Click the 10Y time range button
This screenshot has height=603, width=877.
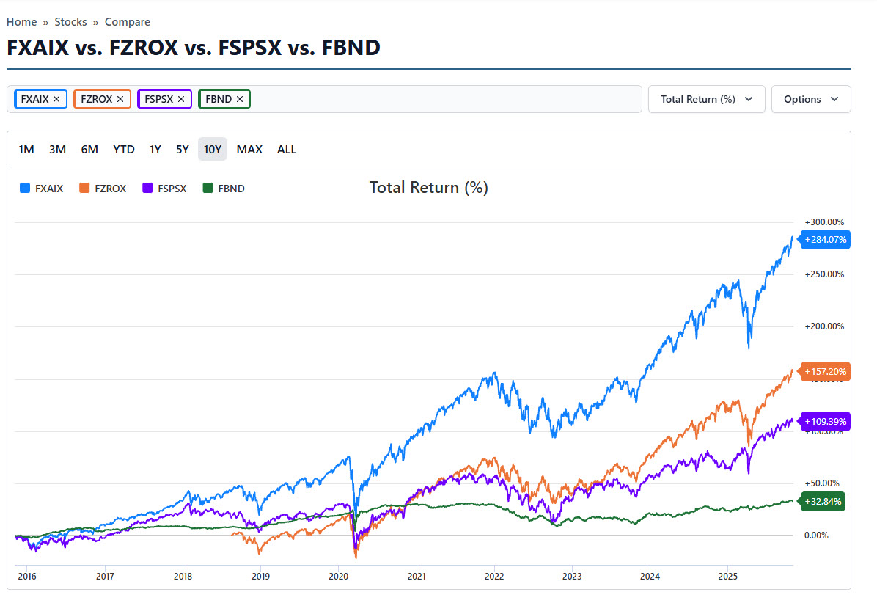coord(213,150)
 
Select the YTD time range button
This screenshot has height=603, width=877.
coord(124,150)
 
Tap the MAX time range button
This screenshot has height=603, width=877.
coord(249,150)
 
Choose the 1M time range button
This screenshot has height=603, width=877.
coord(26,150)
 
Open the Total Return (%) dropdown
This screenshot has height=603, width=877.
coord(706,99)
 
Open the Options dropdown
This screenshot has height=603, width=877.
coord(811,99)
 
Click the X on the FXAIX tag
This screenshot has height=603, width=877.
coord(56,99)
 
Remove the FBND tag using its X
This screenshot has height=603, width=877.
coord(240,99)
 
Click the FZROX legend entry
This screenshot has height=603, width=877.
coord(103,189)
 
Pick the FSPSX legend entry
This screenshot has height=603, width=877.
coord(165,189)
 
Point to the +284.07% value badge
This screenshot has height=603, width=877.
coord(826,239)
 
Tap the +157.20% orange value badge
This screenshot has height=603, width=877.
coord(826,372)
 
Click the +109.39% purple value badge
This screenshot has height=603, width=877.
coord(826,422)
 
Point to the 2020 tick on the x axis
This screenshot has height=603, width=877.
coord(338,577)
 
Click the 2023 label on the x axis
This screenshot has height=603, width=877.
coord(571,577)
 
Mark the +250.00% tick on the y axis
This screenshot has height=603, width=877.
coord(824,274)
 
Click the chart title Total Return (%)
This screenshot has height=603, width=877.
coord(428,188)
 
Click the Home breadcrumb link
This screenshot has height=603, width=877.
coord(21,22)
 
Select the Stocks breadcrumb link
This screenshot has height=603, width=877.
coord(70,22)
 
